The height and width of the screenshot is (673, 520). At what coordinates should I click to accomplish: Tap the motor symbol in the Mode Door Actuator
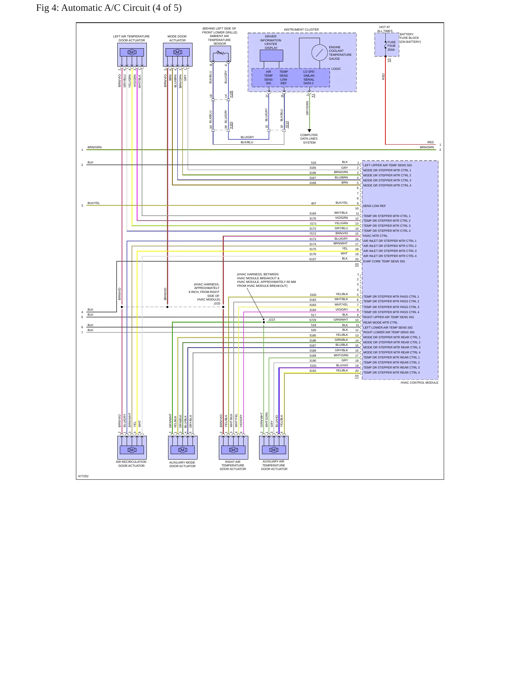click(177, 52)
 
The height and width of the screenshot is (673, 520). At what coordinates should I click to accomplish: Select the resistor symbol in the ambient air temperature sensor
click(220, 53)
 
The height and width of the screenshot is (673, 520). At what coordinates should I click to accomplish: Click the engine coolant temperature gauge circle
click(319, 53)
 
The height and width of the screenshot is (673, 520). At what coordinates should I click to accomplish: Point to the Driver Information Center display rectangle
click(271, 56)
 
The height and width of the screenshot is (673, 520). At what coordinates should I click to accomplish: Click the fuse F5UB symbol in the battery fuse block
click(385, 45)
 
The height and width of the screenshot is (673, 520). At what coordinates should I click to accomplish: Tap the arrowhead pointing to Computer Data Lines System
click(309, 131)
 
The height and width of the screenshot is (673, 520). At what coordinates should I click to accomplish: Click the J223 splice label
click(272, 320)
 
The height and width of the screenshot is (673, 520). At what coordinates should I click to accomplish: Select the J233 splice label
click(217, 304)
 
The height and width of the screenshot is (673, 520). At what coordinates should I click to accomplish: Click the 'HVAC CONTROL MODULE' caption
click(419, 383)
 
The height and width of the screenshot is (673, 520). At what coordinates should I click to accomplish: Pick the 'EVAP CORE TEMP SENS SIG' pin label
click(384, 261)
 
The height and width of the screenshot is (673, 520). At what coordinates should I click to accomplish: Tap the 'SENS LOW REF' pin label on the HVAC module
click(374, 206)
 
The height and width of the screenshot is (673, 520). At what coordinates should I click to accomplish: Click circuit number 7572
click(313, 234)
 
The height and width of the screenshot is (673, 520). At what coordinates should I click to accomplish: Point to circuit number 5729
click(313, 320)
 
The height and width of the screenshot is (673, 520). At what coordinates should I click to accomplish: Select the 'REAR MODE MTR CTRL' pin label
click(380, 322)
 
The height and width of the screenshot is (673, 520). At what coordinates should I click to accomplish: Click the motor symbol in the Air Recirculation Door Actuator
click(132, 450)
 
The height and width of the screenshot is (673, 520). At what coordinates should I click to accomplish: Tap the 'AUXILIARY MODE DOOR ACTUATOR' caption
click(182, 464)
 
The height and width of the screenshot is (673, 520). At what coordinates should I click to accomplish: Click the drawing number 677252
click(83, 476)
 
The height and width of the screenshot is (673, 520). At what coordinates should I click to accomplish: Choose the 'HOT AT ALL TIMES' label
click(385, 29)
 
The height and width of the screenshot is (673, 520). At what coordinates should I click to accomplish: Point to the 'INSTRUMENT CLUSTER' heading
click(301, 30)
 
